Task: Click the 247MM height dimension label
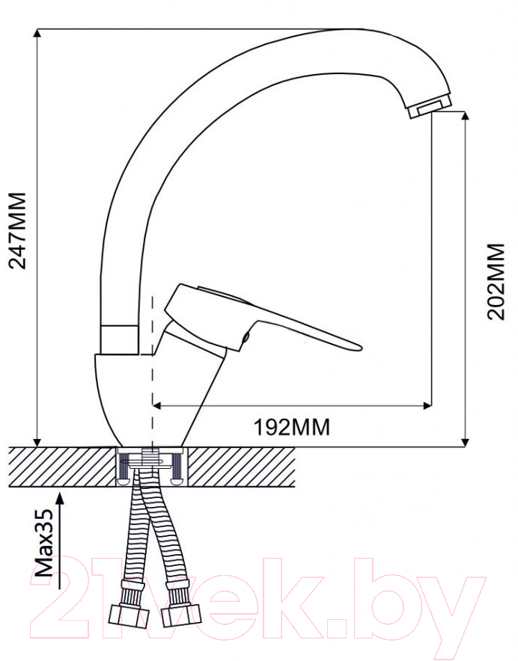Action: coord(18,230)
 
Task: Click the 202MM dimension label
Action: coord(496,282)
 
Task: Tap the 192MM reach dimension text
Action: coord(292,428)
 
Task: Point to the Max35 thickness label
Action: coord(44,543)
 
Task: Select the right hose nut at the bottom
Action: coord(182,615)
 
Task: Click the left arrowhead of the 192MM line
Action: coord(156,406)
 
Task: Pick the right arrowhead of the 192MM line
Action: coord(427,406)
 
